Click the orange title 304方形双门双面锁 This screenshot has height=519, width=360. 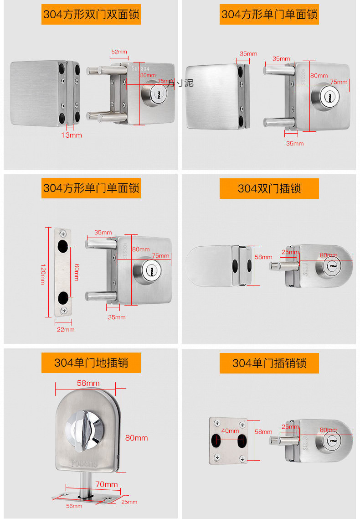[x=91, y=14]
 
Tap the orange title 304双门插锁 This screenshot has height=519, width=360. [x=269, y=188]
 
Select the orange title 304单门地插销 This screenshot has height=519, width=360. [x=91, y=363]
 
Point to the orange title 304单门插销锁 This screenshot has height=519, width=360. [x=269, y=363]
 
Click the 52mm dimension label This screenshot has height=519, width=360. [x=119, y=52]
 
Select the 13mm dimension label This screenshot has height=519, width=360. [x=72, y=135]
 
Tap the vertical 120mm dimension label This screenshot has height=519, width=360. [x=43, y=272]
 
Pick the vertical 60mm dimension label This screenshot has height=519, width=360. [x=76, y=272]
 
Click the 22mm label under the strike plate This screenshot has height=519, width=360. [x=65, y=329]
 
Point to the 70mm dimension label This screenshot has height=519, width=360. [x=106, y=484]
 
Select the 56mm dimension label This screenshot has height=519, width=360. [x=74, y=506]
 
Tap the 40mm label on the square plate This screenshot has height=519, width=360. [x=230, y=431]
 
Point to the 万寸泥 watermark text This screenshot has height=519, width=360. [x=180, y=83]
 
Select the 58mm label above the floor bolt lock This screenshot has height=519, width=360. [x=88, y=383]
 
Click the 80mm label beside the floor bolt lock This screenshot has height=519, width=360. [x=136, y=438]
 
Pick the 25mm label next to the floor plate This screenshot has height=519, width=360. [x=129, y=502]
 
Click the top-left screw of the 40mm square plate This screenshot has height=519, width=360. [x=217, y=424]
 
